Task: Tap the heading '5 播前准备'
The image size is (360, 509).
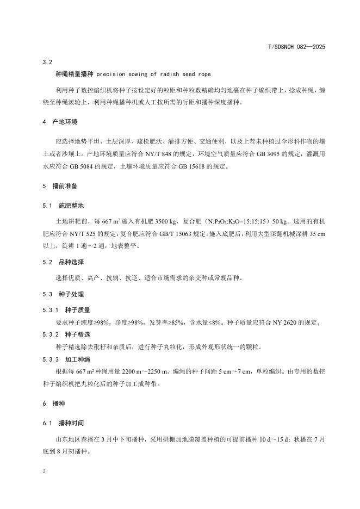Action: (x=60, y=186)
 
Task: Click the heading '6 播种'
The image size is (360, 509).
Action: (x=53, y=404)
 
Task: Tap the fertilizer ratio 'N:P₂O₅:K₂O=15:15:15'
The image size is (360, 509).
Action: (x=235, y=222)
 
